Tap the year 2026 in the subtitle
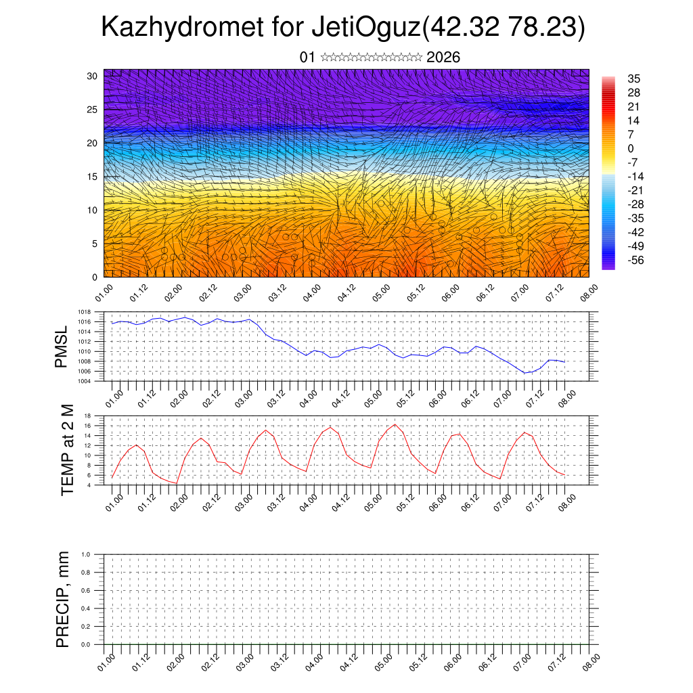(443, 58)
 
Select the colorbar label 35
(634, 79)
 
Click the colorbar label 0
(631, 148)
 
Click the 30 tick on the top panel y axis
(92, 76)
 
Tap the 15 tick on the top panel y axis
(92, 177)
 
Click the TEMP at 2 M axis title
(67, 449)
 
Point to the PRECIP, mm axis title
(63, 599)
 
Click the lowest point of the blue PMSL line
(524, 373)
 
